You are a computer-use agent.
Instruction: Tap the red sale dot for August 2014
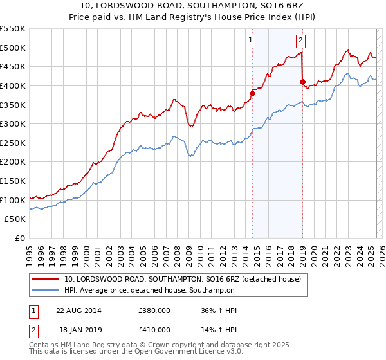(x=252, y=93)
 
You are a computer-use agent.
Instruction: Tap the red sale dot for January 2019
(x=302, y=82)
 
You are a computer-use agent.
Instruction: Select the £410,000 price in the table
(x=154, y=330)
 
